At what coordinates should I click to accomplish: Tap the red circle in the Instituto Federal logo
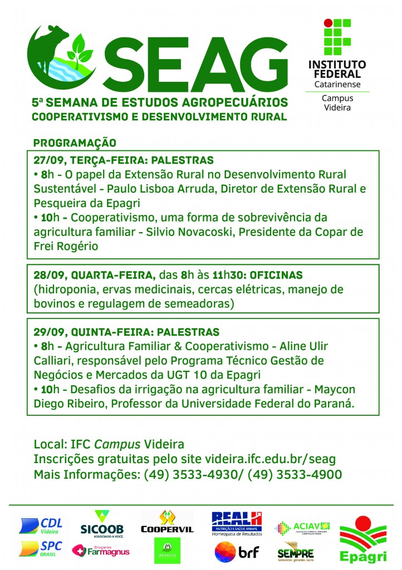pyautogui.click(x=329, y=23)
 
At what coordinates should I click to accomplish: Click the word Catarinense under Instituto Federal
pyautogui.click(x=336, y=84)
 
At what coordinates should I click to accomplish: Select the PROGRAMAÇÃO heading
pyautogui.click(x=74, y=142)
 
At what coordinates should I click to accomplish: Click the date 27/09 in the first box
pyautogui.click(x=46, y=160)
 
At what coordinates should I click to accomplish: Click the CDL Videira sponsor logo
pyautogui.click(x=41, y=524)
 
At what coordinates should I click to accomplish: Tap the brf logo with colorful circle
pyautogui.click(x=236, y=552)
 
